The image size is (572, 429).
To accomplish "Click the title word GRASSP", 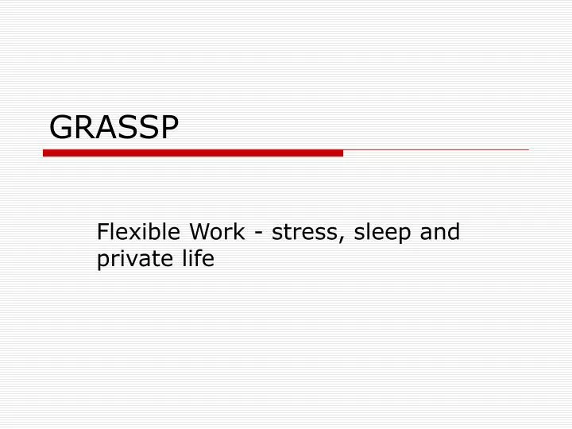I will (x=114, y=126).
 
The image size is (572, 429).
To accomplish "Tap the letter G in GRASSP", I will (x=61, y=126).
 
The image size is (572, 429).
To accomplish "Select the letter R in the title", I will (x=83, y=126).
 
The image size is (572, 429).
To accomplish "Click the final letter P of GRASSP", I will (x=168, y=126).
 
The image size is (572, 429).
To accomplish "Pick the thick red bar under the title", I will (x=192, y=153).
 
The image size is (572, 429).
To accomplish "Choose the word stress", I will (x=301, y=233).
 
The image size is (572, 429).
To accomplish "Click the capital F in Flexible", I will (x=102, y=232).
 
